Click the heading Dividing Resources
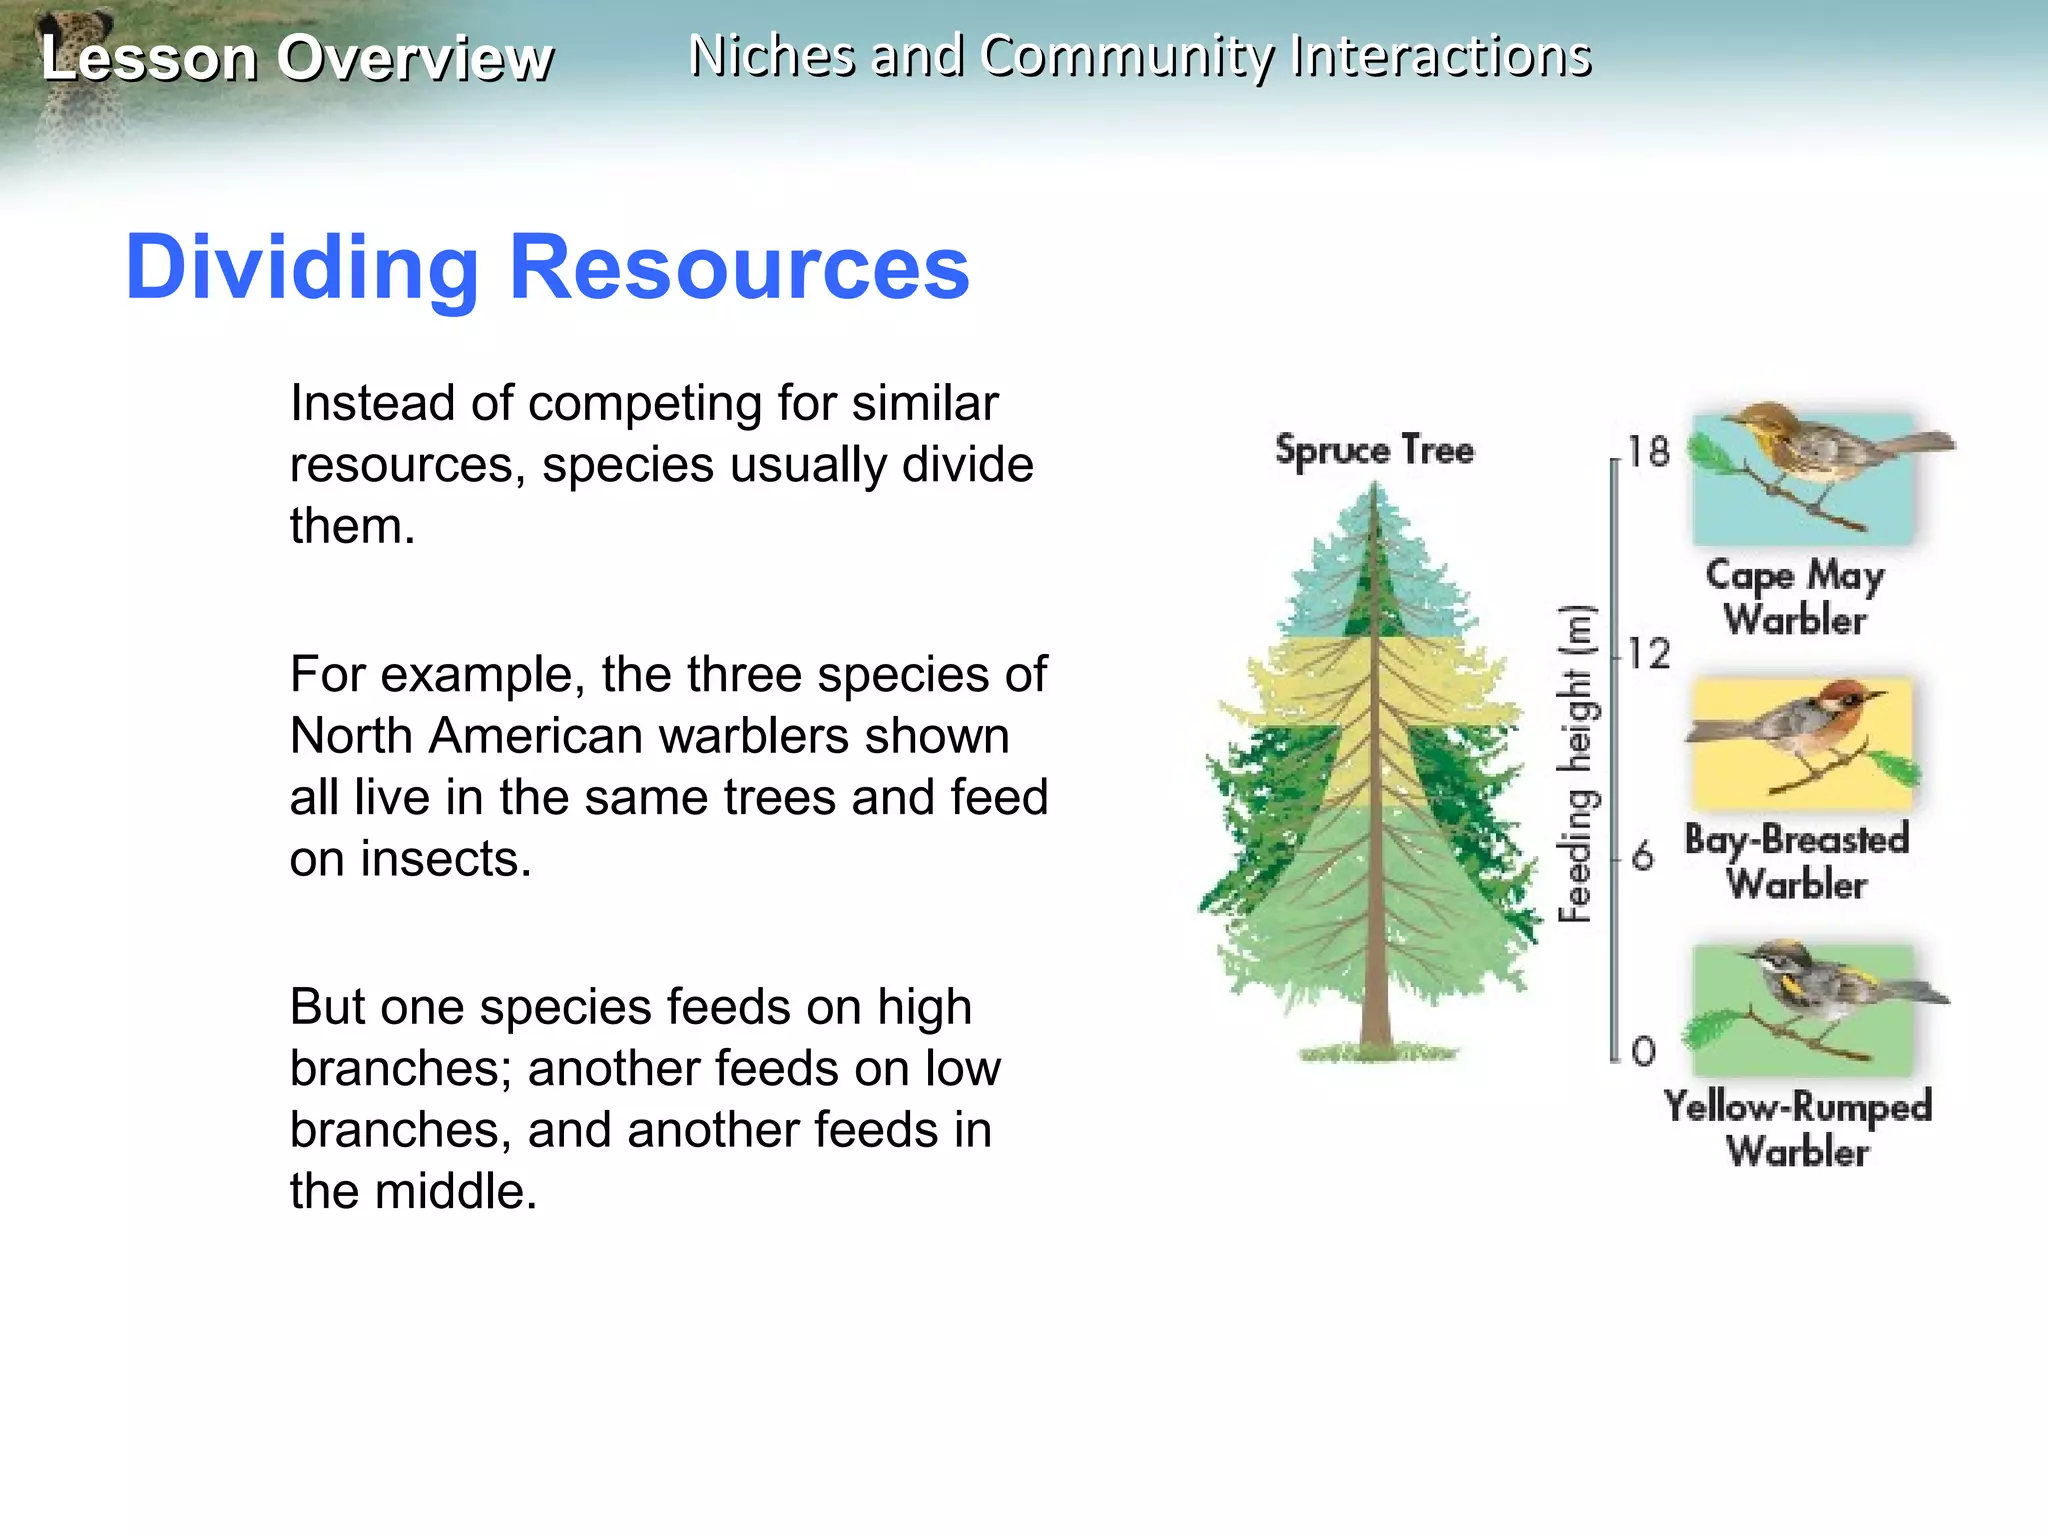(547, 268)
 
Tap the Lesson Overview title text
(296, 58)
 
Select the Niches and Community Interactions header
(1140, 56)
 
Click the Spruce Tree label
(1374, 450)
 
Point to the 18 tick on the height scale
(1647, 452)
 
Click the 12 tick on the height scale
(1647, 654)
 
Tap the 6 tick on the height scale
(1642, 857)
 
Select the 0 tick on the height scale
(1643, 1051)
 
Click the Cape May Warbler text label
(1795, 597)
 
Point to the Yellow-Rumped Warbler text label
(1797, 1128)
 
